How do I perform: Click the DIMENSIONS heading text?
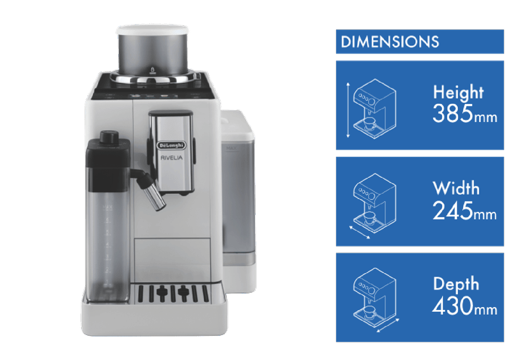click(390, 42)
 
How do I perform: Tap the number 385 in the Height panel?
click(453, 113)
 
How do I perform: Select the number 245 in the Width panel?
click(453, 210)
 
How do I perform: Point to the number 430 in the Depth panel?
click(453, 305)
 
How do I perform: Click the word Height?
click(458, 92)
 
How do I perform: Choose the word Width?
click(456, 188)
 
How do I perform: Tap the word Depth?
click(456, 284)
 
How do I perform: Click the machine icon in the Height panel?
click(374, 109)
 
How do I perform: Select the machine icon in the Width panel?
click(374, 203)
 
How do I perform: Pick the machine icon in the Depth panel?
click(374, 298)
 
